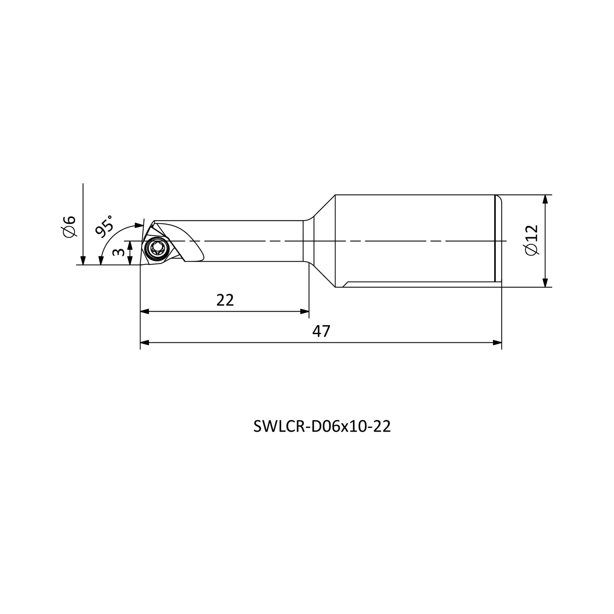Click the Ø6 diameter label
[70, 226]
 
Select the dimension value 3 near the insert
[119, 252]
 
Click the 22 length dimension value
[225, 300]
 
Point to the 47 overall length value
[321, 331]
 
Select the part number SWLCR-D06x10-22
[322, 426]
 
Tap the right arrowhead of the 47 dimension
[497, 343]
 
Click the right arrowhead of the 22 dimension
[304, 311]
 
